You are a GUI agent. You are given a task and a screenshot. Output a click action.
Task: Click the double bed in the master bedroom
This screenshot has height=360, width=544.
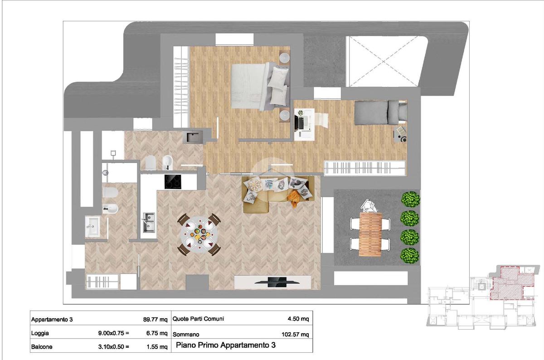pos(260,86)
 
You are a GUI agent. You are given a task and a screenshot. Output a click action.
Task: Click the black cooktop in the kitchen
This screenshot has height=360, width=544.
pos(173,182)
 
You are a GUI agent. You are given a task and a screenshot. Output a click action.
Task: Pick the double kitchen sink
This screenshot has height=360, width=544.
pos(149,222)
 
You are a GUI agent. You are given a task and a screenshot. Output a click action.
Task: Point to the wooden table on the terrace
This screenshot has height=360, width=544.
pos(370,234)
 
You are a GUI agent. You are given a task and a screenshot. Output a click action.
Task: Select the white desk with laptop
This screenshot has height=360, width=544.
pos(304,124)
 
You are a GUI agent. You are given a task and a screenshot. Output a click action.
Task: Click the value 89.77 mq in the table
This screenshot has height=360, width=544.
pos(155,320)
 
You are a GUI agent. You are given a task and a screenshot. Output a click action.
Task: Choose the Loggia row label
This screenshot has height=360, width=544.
pos(40,333)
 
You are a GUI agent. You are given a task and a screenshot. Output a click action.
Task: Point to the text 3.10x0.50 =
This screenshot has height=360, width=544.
pos(113,347)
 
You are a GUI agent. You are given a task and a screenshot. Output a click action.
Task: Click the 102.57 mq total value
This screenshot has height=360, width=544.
pos(295,335)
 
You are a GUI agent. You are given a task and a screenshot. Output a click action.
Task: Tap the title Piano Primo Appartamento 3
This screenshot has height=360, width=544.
pos(226,345)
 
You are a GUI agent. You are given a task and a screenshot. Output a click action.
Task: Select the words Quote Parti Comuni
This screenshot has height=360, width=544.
pos(198,319)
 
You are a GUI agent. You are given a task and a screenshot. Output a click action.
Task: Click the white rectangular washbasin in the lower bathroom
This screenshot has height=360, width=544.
pos(92,226)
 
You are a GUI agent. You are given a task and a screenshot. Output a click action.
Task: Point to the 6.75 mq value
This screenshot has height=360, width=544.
pos(157,333)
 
